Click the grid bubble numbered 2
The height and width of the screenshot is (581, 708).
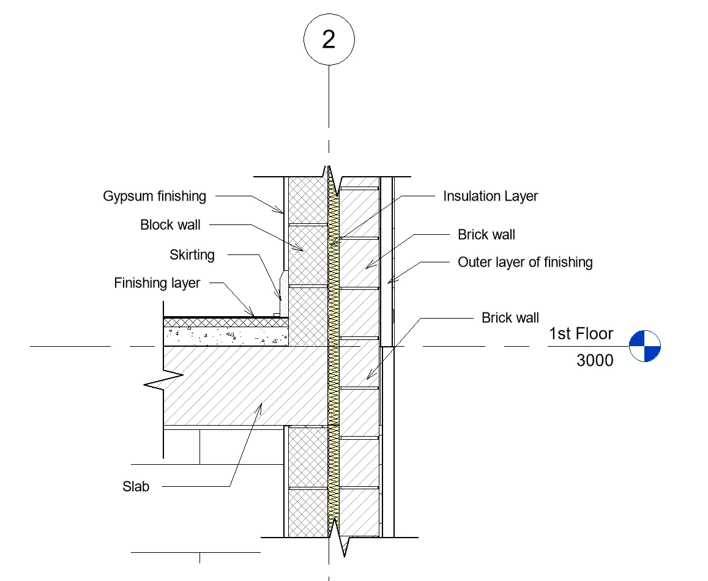pyautogui.click(x=329, y=40)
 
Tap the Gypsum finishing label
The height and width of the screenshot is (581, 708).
pyautogui.click(x=154, y=196)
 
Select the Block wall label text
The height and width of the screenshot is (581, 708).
pyautogui.click(x=170, y=225)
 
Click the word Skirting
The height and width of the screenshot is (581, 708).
pyautogui.click(x=192, y=254)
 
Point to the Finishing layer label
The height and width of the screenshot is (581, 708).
pyautogui.click(x=157, y=283)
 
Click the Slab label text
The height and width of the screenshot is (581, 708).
pyautogui.click(x=136, y=487)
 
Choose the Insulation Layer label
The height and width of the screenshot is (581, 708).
pyautogui.click(x=490, y=196)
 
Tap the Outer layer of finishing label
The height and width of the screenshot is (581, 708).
pyautogui.click(x=525, y=262)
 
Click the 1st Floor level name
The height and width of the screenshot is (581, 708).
pyautogui.click(x=581, y=334)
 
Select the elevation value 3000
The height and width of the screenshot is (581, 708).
pyautogui.click(x=595, y=360)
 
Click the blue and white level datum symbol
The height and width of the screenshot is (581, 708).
pyautogui.click(x=645, y=346)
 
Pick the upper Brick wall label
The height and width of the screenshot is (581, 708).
pyautogui.click(x=486, y=235)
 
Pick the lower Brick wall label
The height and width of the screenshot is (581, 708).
pyautogui.click(x=510, y=318)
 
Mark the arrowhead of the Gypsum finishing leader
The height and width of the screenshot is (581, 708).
pyautogui.click(x=282, y=213)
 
